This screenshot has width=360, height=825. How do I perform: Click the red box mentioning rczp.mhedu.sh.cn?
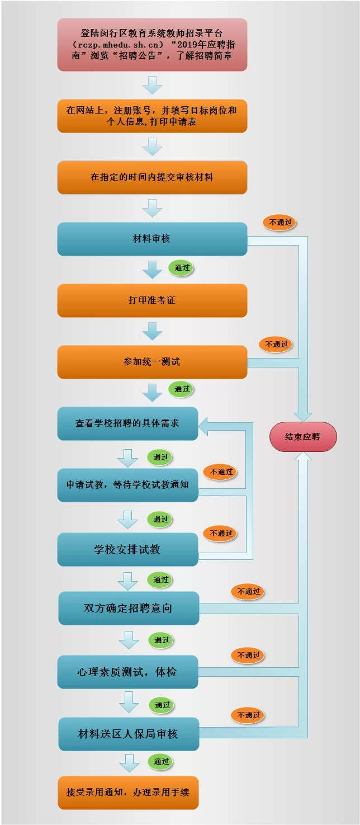pyautogui.click(x=152, y=44)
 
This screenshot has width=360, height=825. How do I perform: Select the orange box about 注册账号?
pyautogui.click(x=152, y=116)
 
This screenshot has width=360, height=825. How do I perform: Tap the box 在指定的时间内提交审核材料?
pyautogui.click(x=152, y=177)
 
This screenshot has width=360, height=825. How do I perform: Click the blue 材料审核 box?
pyautogui.click(x=152, y=239)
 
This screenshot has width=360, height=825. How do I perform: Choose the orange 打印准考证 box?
pyautogui.click(x=152, y=300)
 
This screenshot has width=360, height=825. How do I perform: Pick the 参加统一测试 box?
pyautogui.click(x=152, y=362)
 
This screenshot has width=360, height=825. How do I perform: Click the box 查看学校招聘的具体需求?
pyautogui.click(x=127, y=423)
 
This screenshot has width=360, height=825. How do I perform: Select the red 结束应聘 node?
pyautogui.click(x=303, y=437)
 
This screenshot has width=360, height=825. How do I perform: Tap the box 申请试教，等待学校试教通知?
pyautogui.click(x=127, y=485)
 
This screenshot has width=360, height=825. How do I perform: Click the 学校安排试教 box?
pyautogui.click(x=127, y=549)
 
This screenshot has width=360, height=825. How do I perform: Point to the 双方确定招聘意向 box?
pyautogui.click(x=129, y=608)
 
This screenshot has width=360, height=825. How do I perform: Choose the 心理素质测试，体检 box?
pyautogui.click(x=127, y=672)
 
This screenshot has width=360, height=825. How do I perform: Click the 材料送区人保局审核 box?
pyautogui.click(x=129, y=734)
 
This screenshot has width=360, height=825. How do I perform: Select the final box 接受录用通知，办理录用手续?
pyautogui.click(x=128, y=793)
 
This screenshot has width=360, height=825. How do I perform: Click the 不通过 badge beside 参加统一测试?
pyautogui.click(x=277, y=344)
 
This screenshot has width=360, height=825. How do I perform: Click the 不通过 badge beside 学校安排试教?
pyautogui.click(x=221, y=534)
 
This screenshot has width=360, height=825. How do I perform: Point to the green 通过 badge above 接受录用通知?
pyautogui.click(x=162, y=761)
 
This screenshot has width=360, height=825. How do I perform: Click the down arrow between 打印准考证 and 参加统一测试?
pyautogui.click(x=152, y=332)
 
